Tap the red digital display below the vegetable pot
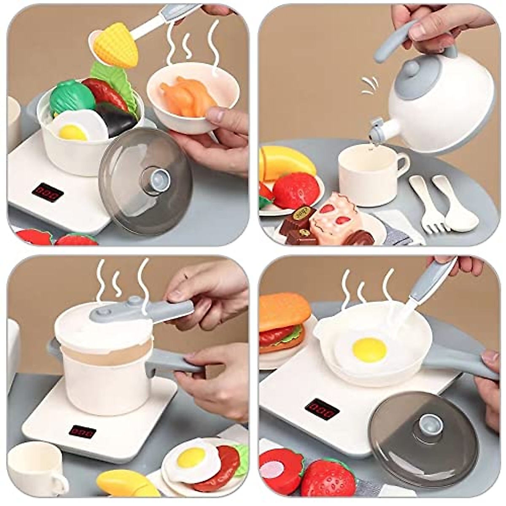point(47,192)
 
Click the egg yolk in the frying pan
point(369,349)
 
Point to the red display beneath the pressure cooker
point(83,431)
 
